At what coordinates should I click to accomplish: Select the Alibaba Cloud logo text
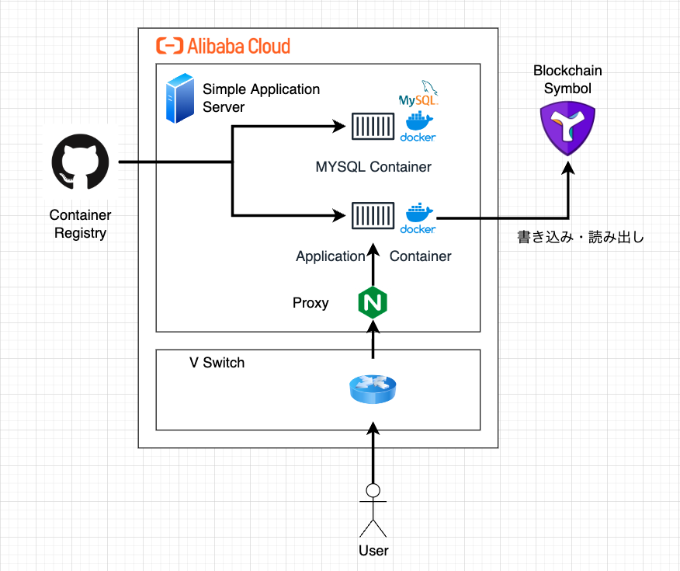[x=223, y=46]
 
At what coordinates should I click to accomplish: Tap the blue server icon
[x=180, y=99]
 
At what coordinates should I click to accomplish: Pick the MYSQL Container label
[x=373, y=167]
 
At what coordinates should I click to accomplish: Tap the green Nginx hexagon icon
[x=373, y=302]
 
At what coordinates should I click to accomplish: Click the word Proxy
[x=311, y=303]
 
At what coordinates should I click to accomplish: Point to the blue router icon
[x=373, y=388]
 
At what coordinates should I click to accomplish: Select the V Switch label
[x=217, y=363]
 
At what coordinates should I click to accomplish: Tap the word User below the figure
[x=373, y=551]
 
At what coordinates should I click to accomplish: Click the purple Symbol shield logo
[x=567, y=130]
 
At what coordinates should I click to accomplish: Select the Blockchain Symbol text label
[x=567, y=80]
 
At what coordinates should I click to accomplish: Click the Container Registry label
[x=81, y=224]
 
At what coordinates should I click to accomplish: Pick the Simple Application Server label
[x=261, y=98]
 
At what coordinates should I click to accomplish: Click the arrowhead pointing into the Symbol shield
[x=567, y=164]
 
